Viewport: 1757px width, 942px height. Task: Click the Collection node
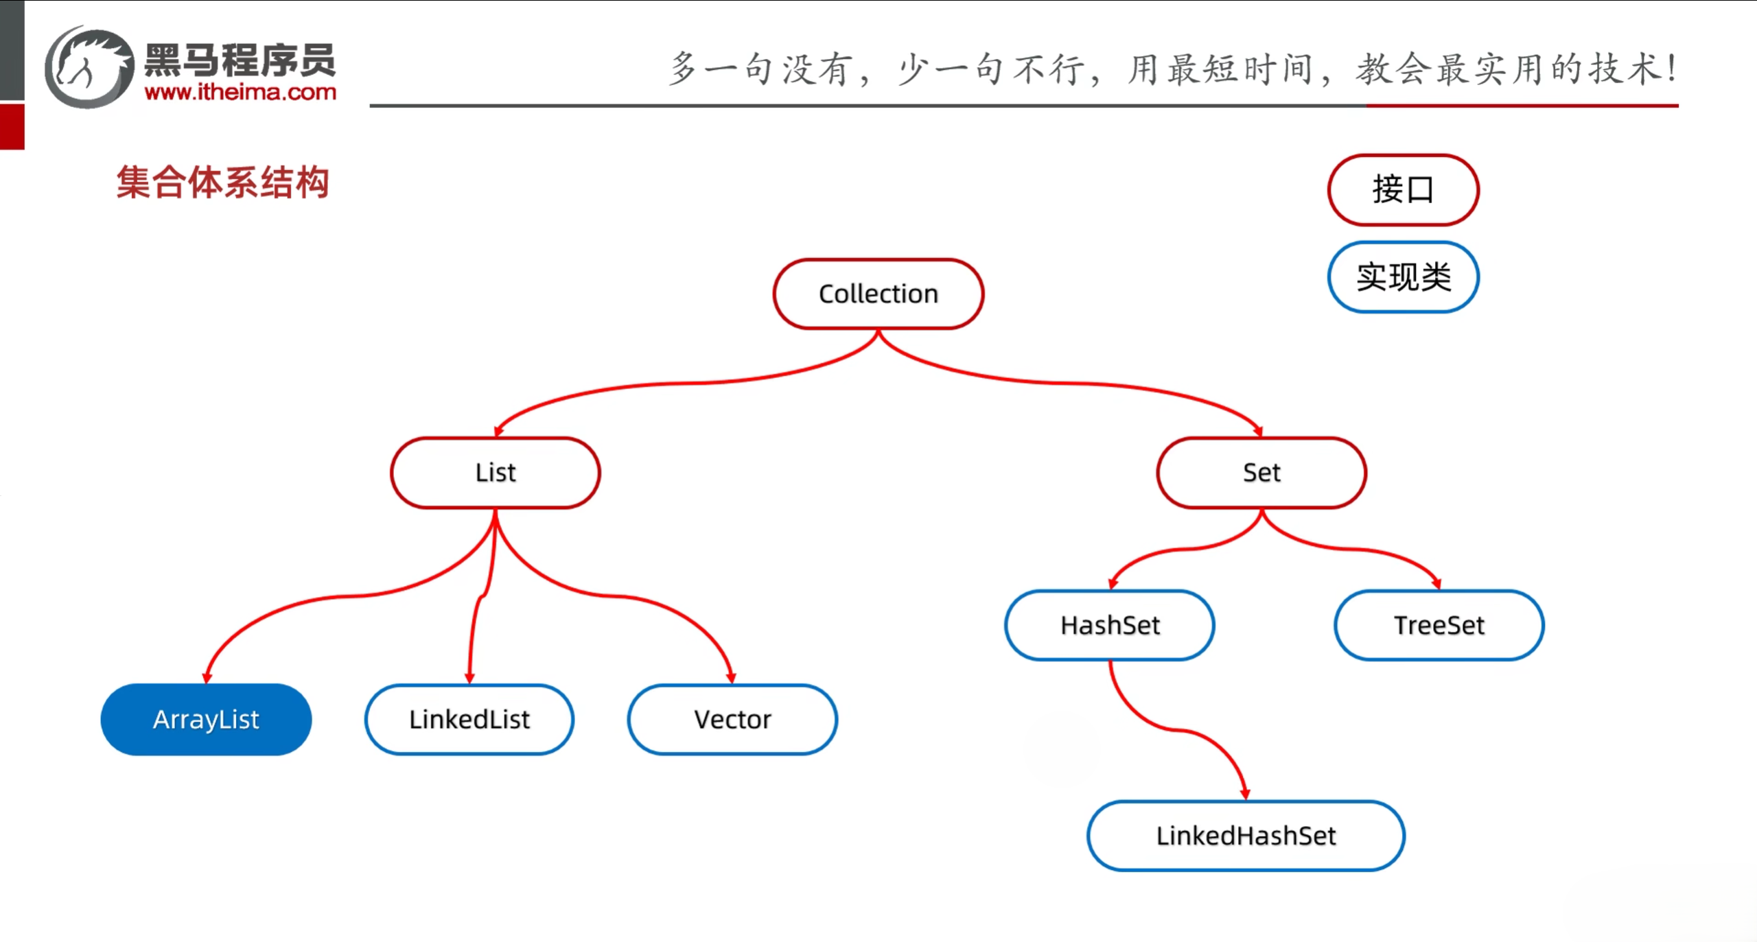click(x=878, y=294)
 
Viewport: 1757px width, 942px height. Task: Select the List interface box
click(x=495, y=473)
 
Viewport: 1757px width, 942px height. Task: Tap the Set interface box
click(x=1261, y=473)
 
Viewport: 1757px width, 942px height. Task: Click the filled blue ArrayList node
click(x=206, y=720)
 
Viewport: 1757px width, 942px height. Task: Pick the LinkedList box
click(x=469, y=720)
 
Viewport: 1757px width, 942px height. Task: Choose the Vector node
click(x=732, y=720)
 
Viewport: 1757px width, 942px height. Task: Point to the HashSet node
click(x=1110, y=625)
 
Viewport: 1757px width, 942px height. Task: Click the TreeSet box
click(x=1439, y=625)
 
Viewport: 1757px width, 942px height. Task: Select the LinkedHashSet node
click(x=1246, y=836)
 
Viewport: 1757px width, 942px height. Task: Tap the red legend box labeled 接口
click(x=1403, y=190)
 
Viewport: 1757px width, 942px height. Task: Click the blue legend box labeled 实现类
click(x=1403, y=277)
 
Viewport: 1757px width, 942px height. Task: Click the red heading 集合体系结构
click(x=222, y=182)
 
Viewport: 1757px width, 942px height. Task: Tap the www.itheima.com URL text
click(x=240, y=92)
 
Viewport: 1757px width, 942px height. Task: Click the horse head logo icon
click(x=89, y=67)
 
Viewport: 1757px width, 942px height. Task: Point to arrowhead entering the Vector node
click(x=731, y=677)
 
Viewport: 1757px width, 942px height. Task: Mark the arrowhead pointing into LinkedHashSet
click(x=1245, y=794)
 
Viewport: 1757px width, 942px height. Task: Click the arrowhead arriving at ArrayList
click(x=207, y=677)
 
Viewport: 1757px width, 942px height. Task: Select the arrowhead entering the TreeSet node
click(x=1436, y=583)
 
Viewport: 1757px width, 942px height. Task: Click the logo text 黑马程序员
click(x=240, y=60)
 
